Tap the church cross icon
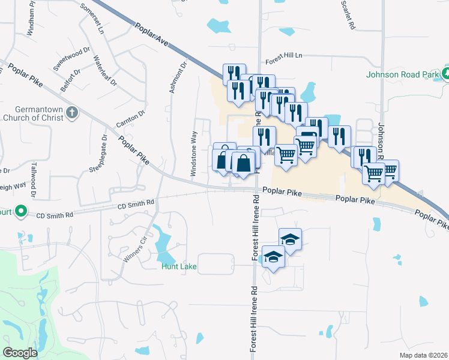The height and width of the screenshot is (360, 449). pos(72,112)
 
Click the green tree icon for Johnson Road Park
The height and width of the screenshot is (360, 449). pos(446,74)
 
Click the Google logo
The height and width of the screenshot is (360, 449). pos(20,353)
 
